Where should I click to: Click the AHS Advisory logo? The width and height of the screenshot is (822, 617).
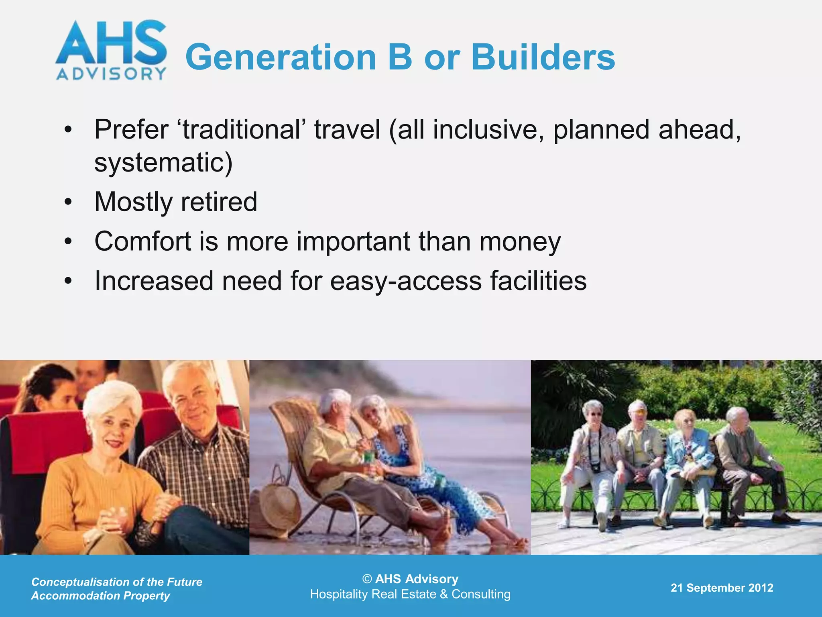click(x=111, y=50)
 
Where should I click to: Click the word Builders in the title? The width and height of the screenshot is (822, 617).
click(x=543, y=57)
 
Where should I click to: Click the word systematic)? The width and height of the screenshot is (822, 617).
click(x=163, y=162)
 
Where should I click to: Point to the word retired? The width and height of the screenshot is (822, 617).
click(x=219, y=202)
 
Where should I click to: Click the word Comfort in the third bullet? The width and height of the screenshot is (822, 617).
click(x=143, y=241)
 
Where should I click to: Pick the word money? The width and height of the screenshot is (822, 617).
click(x=520, y=242)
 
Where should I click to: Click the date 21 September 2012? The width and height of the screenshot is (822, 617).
click(x=722, y=588)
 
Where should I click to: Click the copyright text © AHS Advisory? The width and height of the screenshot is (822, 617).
click(x=410, y=579)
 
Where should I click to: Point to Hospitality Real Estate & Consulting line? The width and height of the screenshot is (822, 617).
click(x=410, y=594)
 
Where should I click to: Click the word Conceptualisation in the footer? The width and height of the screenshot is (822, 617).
click(x=80, y=582)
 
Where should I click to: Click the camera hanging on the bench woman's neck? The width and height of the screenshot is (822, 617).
click(x=595, y=467)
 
